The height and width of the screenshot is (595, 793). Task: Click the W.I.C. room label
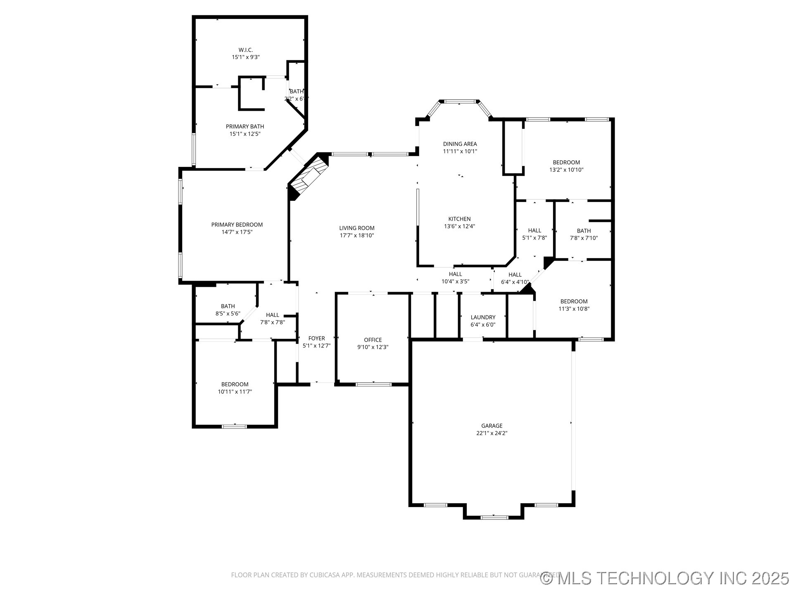pyautogui.click(x=245, y=50)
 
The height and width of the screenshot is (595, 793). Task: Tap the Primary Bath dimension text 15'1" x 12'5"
pyautogui.click(x=245, y=134)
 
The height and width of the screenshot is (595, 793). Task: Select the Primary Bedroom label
pyautogui.click(x=237, y=225)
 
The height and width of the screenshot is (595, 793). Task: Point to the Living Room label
pyautogui.click(x=357, y=228)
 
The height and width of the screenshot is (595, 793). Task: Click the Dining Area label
pyautogui.click(x=460, y=144)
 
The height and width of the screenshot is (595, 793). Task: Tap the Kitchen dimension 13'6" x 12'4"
pyautogui.click(x=459, y=226)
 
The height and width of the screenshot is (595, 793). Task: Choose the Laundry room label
pyautogui.click(x=483, y=317)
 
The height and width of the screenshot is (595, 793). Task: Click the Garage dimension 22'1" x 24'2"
pyautogui.click(x=491, y=433)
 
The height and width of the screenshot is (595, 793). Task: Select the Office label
pyautogui.click(x=373, y=340)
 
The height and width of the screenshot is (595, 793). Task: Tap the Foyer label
pyautogui.click(x=316, y=338)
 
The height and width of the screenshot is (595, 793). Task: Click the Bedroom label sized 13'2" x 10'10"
pyautogui.click(x=566, y=162)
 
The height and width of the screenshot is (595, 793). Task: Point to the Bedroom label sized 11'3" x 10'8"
pyautogui.click(x=574, y=302)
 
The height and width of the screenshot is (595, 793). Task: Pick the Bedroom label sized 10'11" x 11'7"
pyautogui.click(x=235, y=384)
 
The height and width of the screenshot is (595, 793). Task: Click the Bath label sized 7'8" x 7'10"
pyautogui.click(x=584, y=231)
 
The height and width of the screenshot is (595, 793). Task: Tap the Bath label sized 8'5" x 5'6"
pyautogui.click(x=228, y=306)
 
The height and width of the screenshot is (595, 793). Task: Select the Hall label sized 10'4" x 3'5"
pyautogui.click(x=455, y=274)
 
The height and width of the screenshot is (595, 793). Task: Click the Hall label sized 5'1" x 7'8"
pyautogui.click(x=534, y=231)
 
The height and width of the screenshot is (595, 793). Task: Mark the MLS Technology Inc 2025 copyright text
pyautogui.click(x=665, y=578)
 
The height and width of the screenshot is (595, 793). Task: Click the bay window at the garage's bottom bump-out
pyautogui.click(x=494, y=517)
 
